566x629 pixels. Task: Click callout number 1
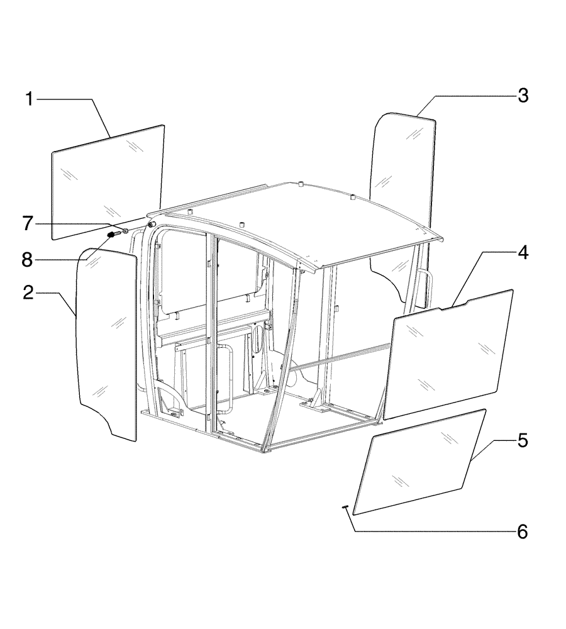[x=29, y=99]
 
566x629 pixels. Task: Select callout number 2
[x=29, y=294]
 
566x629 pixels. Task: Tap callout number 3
[x=523, y=96]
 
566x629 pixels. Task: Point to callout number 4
[x=523, y=254]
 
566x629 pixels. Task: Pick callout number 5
[x=523, y=440]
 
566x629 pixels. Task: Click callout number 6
[x=523, y=532]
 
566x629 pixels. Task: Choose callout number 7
[x=29, y=223]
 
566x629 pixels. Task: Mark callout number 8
[x=29, y=259]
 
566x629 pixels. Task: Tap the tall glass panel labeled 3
[x=402, y=189]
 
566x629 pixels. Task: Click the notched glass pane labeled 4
[x=450, y=355]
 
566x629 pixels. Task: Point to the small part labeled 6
[x=345, y=508]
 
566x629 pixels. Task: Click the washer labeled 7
[x=125, y=231]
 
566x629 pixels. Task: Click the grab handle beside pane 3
[x=425, y=289]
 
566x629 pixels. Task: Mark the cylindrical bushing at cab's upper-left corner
[x=152, y=224]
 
